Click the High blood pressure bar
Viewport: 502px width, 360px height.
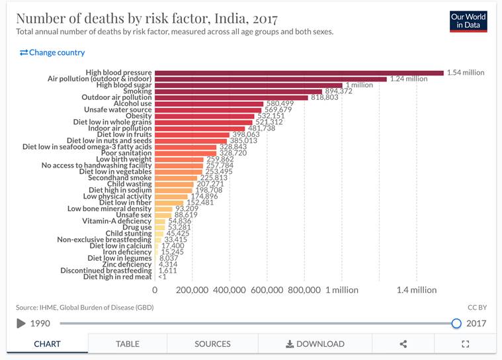299,73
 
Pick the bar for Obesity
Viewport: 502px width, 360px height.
204,116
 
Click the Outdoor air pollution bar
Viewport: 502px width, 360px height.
231,97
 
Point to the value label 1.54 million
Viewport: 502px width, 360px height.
466,73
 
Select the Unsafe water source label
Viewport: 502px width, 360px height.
118,110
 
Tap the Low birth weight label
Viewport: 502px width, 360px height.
124,159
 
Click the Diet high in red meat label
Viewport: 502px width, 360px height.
118,277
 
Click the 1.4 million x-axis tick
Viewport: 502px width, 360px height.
417,290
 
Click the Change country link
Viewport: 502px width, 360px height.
52,52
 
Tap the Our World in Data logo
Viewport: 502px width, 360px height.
468,21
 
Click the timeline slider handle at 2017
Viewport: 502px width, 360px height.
456,323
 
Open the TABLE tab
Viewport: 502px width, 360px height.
128,344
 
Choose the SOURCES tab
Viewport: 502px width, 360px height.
212,344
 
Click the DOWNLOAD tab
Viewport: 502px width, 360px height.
315,344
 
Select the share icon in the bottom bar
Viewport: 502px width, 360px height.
403,344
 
